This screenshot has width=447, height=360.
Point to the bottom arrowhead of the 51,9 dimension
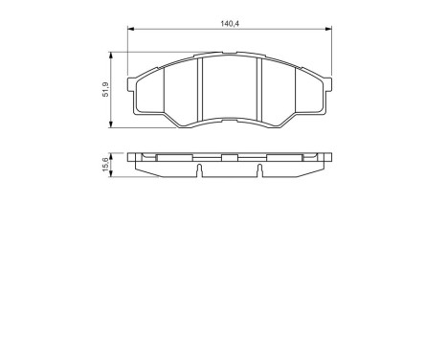pos(114,125)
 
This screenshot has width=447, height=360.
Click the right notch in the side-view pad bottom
pos(260,171)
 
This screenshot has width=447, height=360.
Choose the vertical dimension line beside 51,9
pos(114,91)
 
